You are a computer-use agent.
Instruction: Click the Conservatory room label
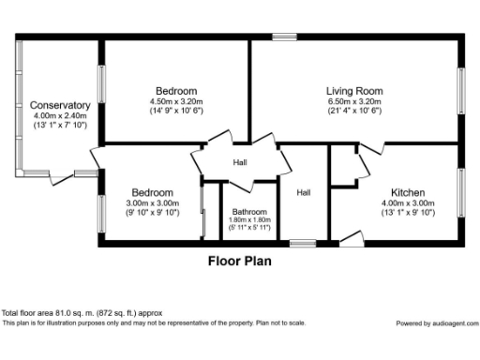tap(60, 105)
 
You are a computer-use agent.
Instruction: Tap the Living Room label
tap(348, 91)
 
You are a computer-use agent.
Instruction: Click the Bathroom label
tap(249, 212)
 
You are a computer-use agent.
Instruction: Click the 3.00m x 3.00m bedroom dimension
tap(151, 202)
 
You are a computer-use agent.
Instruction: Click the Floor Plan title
tap(239, 262)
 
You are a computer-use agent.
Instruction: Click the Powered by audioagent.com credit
tap(435, 322)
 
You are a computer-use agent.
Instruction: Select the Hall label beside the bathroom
tap(304, 193)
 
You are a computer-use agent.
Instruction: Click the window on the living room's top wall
tap(284, 37)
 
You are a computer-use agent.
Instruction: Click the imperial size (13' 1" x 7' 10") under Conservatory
tap(60, 125)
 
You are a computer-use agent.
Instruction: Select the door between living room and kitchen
tap(371, 148)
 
